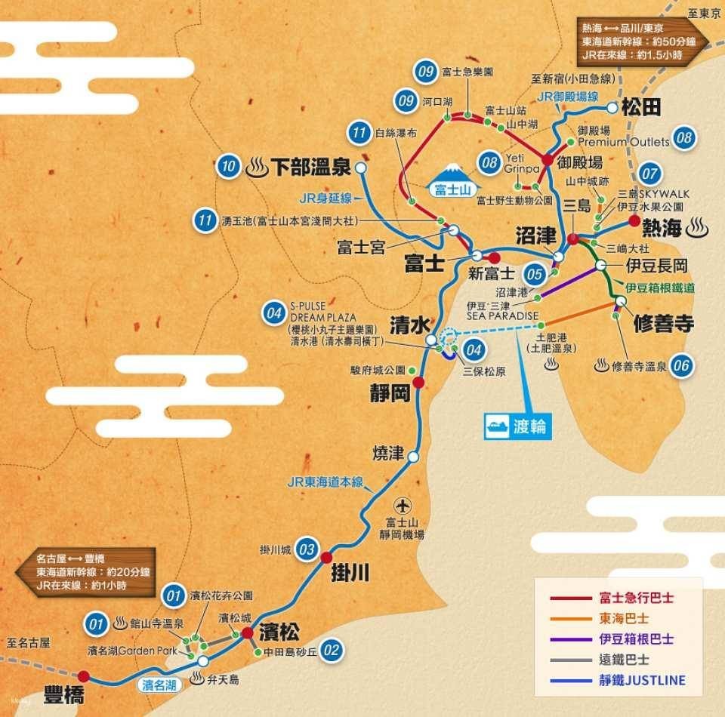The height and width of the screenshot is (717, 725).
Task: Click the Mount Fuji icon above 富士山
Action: click(454, 171)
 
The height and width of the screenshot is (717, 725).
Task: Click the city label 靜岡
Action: click(390, 392)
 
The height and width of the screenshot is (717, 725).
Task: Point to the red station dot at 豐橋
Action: click(84, 676)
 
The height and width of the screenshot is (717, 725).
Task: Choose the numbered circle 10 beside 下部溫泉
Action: click(228, 167)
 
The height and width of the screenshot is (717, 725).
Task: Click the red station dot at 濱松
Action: click(248, 632)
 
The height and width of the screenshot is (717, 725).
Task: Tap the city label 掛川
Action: click(350, 574)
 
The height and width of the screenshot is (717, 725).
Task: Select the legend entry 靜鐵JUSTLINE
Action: click(642, 680)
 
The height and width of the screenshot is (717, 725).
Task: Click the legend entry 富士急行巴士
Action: click(637, 597)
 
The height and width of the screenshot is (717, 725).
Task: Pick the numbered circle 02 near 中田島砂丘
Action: click(331, 650)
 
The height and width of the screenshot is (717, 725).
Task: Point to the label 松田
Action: click(641, 108)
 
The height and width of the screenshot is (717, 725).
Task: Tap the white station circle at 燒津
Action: click(413, 457)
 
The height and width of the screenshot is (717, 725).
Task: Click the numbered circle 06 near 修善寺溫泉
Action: click(681, 367)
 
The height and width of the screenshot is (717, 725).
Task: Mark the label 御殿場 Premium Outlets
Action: click(623, 137)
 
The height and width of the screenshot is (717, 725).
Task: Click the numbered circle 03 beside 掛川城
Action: click(307, 549)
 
